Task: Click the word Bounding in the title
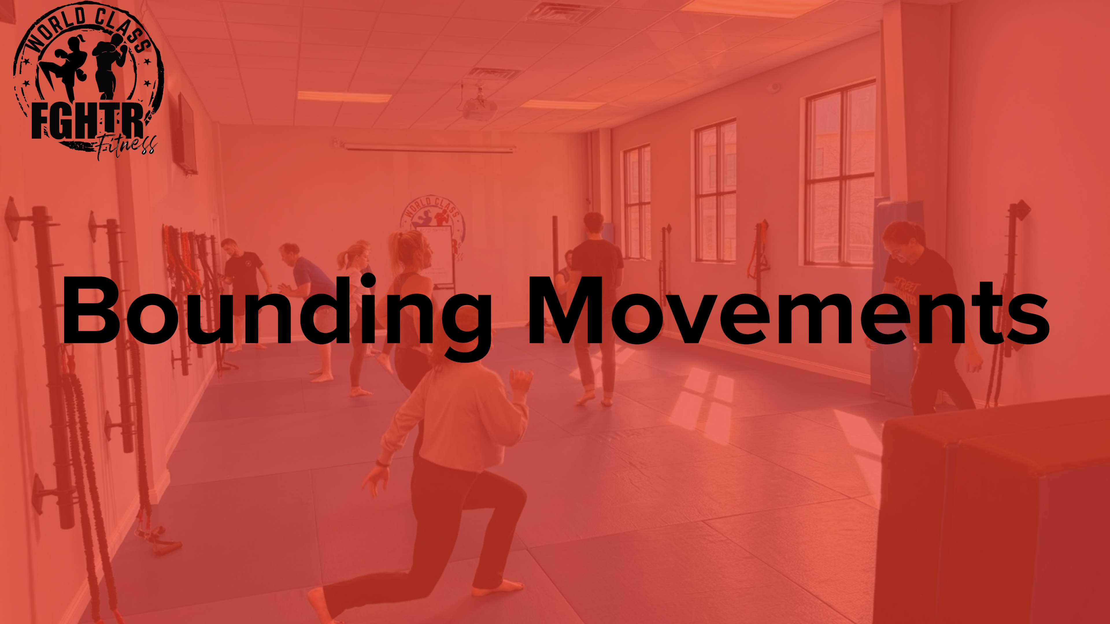click(x=276, y=312)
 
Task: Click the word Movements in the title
click(x=789, y=312)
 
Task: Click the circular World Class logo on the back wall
click(x=433, y=218)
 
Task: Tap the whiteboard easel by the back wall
click(x=439, y=258)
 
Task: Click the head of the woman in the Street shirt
click(x=903, y=241)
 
